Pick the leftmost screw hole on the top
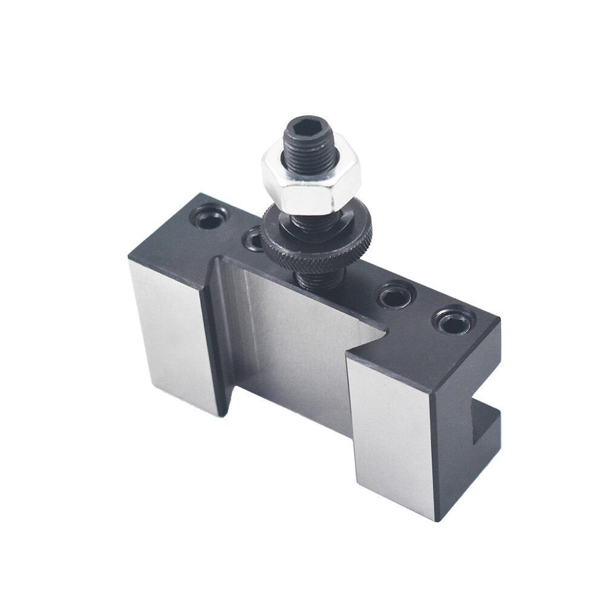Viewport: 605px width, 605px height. [x=209, y=217]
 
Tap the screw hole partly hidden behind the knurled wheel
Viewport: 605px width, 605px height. [x=254, y=240]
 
